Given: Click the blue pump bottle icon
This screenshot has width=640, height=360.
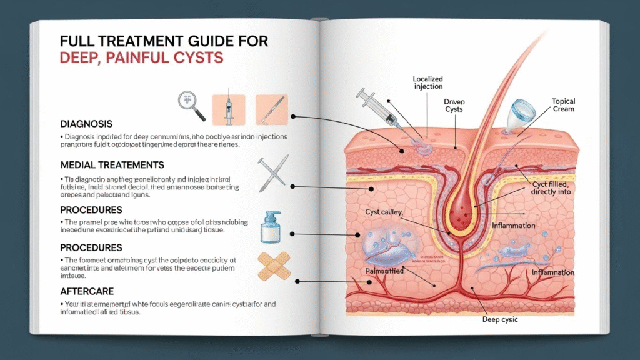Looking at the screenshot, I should tap(269, 226).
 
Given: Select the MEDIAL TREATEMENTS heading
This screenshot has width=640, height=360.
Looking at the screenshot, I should tap(112, 165).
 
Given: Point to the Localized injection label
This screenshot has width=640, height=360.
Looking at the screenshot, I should tap(427, 83).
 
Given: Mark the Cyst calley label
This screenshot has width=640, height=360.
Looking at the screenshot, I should tap(384, 212).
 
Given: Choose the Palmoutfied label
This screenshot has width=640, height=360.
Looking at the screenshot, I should tap(384, 271).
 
